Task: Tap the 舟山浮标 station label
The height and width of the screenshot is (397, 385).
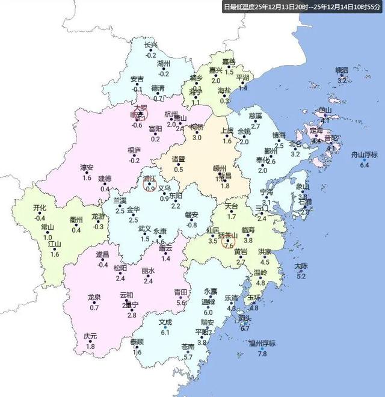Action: [x=363, y=155]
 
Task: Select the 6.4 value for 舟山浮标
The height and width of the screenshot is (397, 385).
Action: [x=363, y=165]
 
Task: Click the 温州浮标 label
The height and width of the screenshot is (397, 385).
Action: [x=262, y=343]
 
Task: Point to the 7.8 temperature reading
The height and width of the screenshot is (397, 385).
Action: [x=262, y=354]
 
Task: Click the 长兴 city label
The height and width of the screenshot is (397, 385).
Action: [x=151, y=45]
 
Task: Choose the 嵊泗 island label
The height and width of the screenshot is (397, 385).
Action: [x=342, y=70]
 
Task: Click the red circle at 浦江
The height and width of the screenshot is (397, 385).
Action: [x=150, y=185]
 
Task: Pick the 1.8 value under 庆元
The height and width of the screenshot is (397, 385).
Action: [x=90, y=346]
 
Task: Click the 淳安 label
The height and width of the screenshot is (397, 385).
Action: [x=87, y=167]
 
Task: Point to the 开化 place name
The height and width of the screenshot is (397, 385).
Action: [x=40, y=208]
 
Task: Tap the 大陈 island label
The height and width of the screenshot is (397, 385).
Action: [x=301, y=266]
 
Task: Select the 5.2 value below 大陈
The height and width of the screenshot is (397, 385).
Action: [x=301, y=276]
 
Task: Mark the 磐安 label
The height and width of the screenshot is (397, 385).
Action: [x=191, y=215]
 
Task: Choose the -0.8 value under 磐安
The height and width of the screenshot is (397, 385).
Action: [x=191, y=225]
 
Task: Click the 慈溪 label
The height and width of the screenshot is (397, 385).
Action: [x=255, y=115]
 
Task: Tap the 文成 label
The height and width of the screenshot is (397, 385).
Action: [x=165, y=322]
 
